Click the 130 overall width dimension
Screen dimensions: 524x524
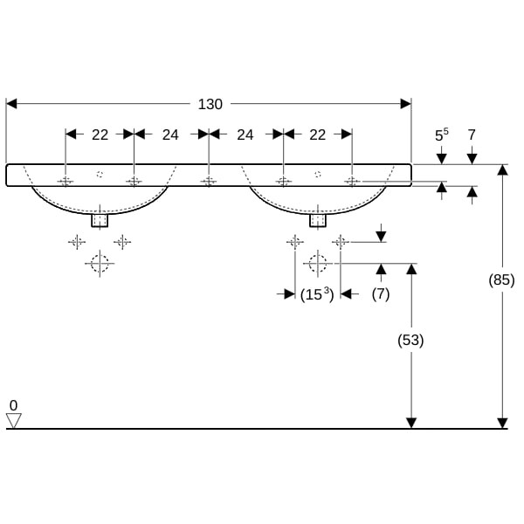click(210, 104)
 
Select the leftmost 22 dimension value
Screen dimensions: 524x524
click(100, 134)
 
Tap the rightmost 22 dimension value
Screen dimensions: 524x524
click(317, 134)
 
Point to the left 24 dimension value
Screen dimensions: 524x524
click(170, 134)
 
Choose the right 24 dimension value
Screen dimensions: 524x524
click(245, 134)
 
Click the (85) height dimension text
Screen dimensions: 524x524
click(501, 280)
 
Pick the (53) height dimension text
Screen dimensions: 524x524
click(410, 341)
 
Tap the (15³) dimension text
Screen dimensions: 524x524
click(317, 294)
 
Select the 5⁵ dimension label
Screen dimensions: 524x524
click(442, 134)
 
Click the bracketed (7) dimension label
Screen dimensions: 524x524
click(380, 294)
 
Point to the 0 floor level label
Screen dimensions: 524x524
click(13, 405)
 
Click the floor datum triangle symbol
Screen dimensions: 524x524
click(13, 421)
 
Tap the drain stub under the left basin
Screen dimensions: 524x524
click(100, 220)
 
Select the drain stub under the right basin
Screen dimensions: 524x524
click(317, 220)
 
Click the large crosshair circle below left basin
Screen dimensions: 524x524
click(100, 262)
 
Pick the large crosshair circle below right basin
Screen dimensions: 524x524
click(317, 262)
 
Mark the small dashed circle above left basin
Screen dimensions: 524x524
click(100, 173)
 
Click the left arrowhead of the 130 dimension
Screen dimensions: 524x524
click(11, 104)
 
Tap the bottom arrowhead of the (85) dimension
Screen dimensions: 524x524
click(502, 423)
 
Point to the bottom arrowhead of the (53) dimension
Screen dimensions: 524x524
click(411, 423)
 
